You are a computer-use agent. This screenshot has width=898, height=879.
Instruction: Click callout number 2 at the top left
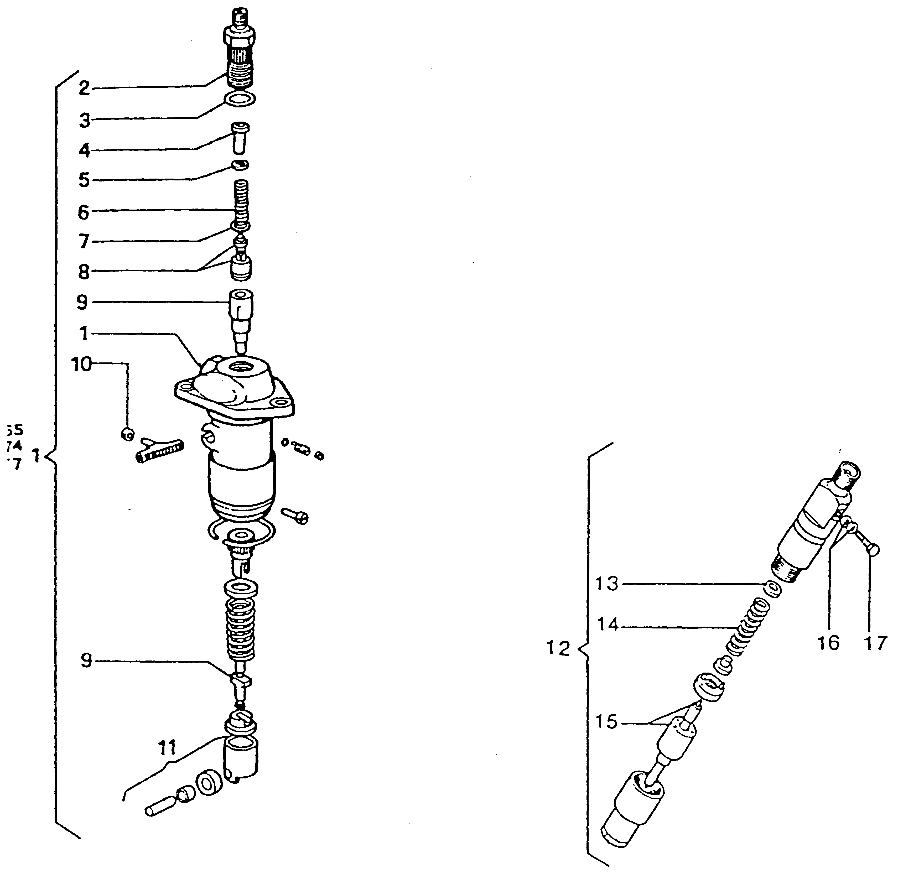pyautogui.click(x=84, y=88)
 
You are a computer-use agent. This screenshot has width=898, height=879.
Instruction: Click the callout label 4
pyautogui.click(x=84, y=150)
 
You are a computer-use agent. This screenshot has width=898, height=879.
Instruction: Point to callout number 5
pyautogui.click(x=84, y=180)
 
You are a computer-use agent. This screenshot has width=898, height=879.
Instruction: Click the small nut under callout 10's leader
pyautogui.click(x=128, y=433)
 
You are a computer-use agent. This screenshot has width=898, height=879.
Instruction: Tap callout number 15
pyautogui.click(x=606, y=722)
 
